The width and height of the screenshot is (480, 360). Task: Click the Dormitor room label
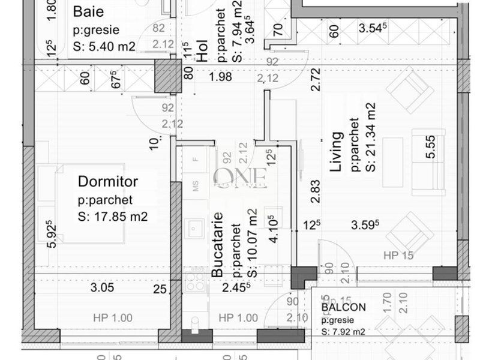tap(108, 181)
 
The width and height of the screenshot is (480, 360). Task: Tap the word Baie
tap(88, 11)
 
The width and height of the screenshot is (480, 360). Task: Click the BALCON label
tap(343, 307)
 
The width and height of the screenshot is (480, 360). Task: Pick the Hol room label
tap(203, 53)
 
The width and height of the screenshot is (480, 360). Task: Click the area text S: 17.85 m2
tap(112, 217)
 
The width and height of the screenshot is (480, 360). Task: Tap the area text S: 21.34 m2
tap(371, 137)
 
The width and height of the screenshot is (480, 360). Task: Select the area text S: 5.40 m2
tap(104, 46)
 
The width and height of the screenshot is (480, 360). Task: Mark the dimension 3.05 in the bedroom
tap(102, 288)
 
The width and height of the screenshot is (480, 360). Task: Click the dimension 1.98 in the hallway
tap(220, 76)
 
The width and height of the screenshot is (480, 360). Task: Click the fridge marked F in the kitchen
tap(195, 160)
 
